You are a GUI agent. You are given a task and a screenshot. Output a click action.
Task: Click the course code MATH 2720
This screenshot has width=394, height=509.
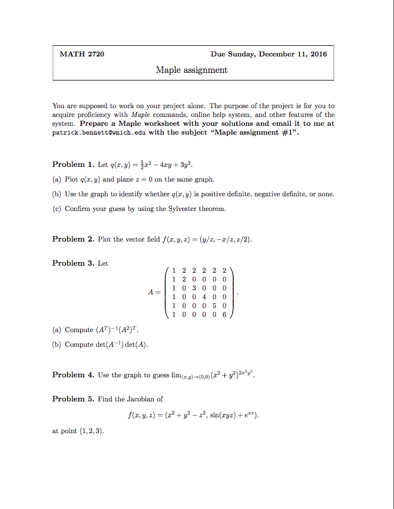82,55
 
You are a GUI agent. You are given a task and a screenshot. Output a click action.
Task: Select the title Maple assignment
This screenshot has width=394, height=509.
191,70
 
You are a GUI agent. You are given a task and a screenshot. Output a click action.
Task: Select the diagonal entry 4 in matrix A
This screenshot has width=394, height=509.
206,297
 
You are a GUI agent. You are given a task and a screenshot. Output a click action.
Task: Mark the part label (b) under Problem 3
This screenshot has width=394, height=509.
57,344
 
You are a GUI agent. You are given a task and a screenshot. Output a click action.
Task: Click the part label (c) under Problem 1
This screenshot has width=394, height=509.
57,209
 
